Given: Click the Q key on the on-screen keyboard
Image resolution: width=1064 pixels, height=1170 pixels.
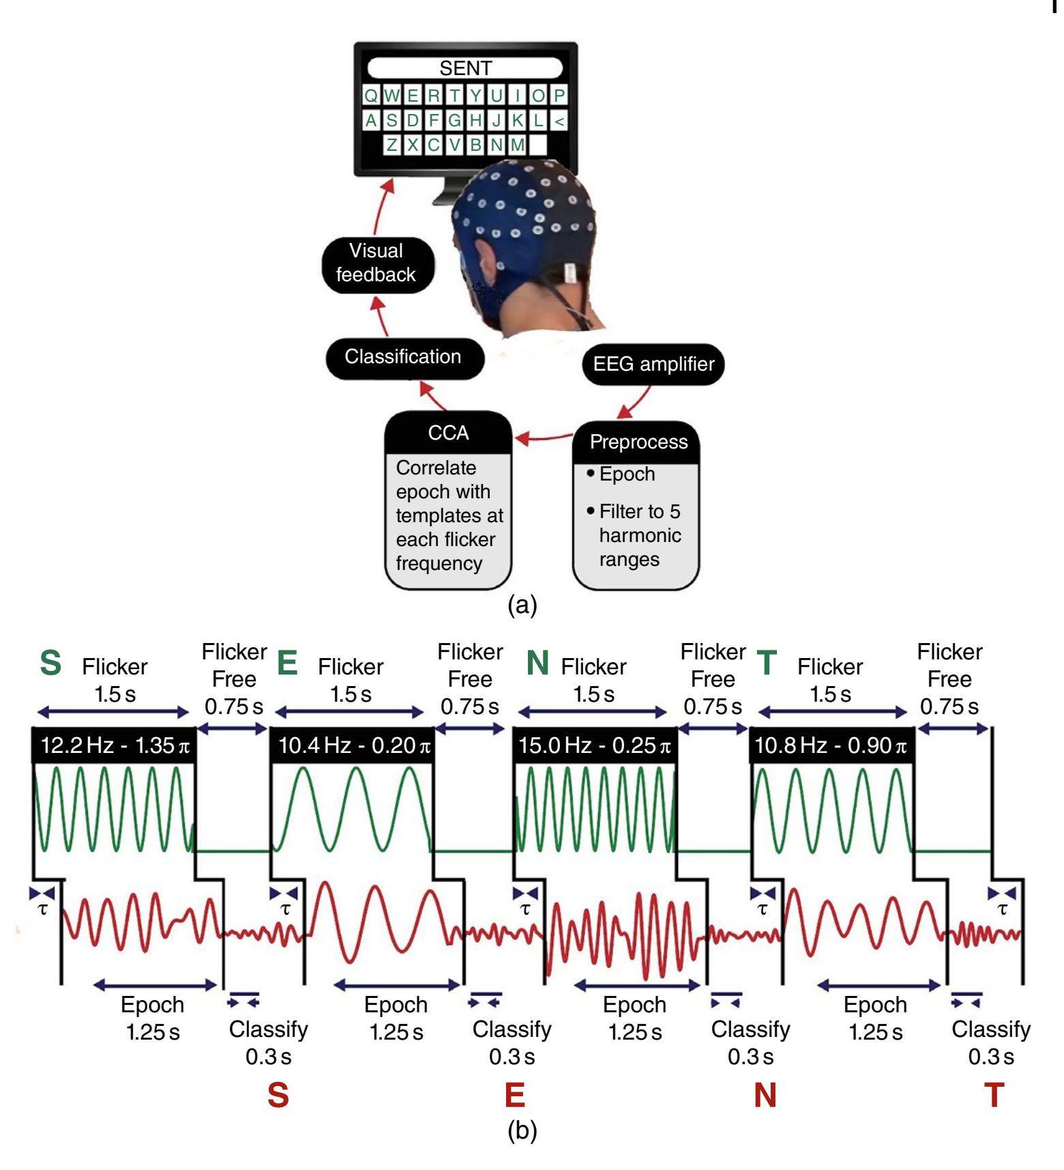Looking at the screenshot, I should click(370, 96).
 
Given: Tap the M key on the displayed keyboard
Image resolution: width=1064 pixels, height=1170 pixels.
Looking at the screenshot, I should click(518, 145).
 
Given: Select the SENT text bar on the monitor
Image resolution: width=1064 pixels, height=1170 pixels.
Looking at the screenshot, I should click(465, 68).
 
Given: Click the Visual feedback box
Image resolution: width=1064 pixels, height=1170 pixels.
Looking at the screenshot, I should click(376, 263).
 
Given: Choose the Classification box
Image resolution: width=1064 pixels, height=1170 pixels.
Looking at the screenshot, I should click(403, 357).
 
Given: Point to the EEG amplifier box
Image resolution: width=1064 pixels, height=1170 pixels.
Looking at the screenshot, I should click(653, 364).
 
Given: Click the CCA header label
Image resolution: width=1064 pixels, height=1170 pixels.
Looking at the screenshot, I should click(448, 433).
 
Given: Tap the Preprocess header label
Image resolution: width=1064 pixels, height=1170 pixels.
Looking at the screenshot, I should click(638, 442).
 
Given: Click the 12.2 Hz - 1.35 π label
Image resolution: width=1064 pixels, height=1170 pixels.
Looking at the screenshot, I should click(115, 745).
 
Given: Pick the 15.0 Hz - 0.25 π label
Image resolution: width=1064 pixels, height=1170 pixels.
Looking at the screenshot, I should click(594, 745).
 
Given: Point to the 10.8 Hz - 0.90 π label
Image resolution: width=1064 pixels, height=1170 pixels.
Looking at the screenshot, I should click(830, 745).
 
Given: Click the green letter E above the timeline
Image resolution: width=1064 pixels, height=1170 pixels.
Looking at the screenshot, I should click(288, 664).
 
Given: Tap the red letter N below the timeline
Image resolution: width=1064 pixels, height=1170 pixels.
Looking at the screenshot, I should click(765, 1096).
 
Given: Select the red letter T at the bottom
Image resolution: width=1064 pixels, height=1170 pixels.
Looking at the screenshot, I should click(994, 1096).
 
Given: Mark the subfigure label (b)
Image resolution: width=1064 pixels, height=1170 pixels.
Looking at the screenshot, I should click(522, 1131).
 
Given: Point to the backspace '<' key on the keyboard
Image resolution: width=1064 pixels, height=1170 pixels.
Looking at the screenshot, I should click(559, 121).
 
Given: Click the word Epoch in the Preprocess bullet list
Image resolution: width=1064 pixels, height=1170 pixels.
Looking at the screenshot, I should click(627, 474).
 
